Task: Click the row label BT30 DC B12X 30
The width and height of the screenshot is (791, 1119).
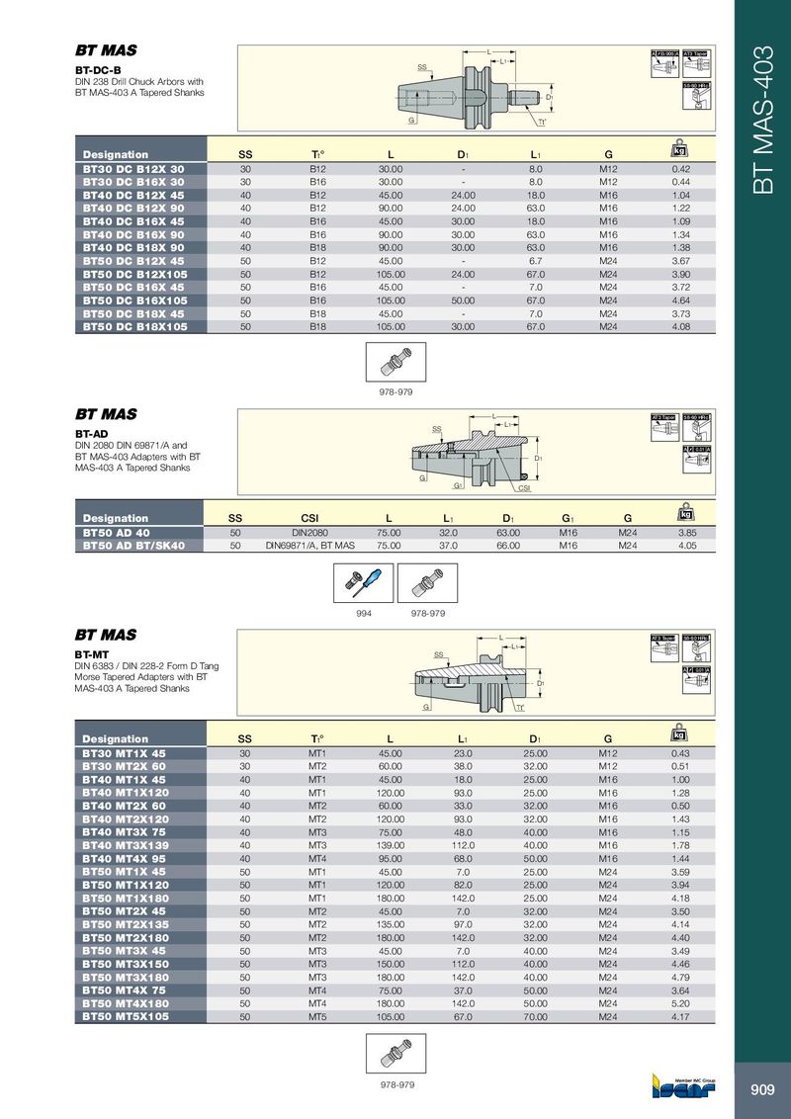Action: pyautogui.click(x=132, y=169)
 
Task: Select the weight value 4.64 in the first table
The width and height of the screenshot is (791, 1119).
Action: pyautogui.click(x=679, y=300)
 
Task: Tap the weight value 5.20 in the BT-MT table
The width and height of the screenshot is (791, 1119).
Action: pyautogui.click(x=679, y=1002)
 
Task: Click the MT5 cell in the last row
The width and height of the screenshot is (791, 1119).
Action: pyautogui.click(x=317, y=1015)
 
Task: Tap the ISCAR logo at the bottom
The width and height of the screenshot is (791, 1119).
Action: pyautogui.click(x=683, y=1089)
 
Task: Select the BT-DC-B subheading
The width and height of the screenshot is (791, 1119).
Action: pyautogui.click(x=98, y=70)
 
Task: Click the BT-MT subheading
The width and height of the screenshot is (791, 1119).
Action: pyautogui.click(x=92, y=653)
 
